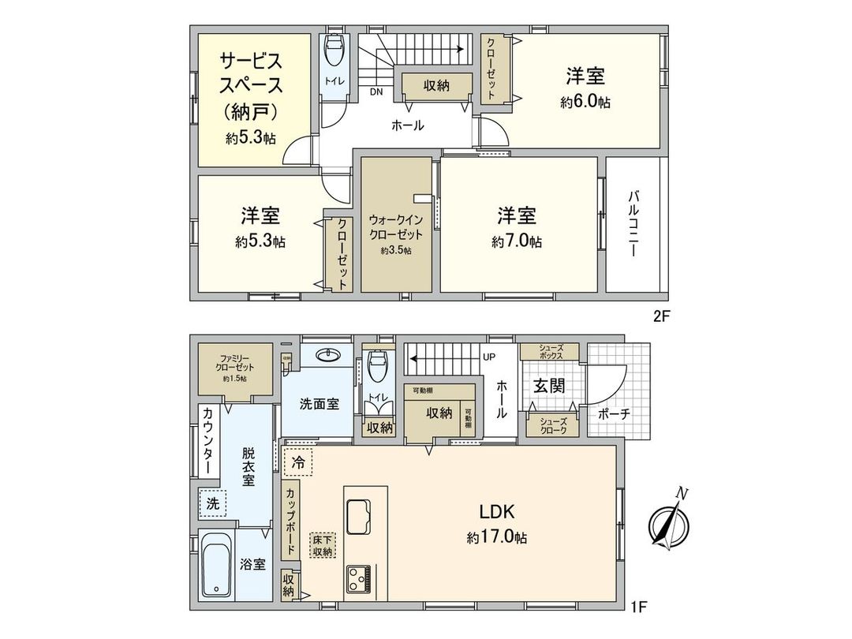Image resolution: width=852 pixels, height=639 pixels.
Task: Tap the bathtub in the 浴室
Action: [x=216, y=564]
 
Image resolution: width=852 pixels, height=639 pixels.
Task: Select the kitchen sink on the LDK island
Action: [x=364, y=517]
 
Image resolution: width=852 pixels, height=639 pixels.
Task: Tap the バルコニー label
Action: [x=635, y=224]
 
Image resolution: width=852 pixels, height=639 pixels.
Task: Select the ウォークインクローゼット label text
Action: [x=396, y=228]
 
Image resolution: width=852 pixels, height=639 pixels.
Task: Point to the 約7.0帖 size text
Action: [x=517, y=242]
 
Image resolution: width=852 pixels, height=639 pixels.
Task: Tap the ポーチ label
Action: [x=613, y=413]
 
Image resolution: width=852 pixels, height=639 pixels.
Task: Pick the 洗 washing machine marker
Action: [x=211, y=502]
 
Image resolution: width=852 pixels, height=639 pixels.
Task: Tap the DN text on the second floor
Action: [x=377, y=91]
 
